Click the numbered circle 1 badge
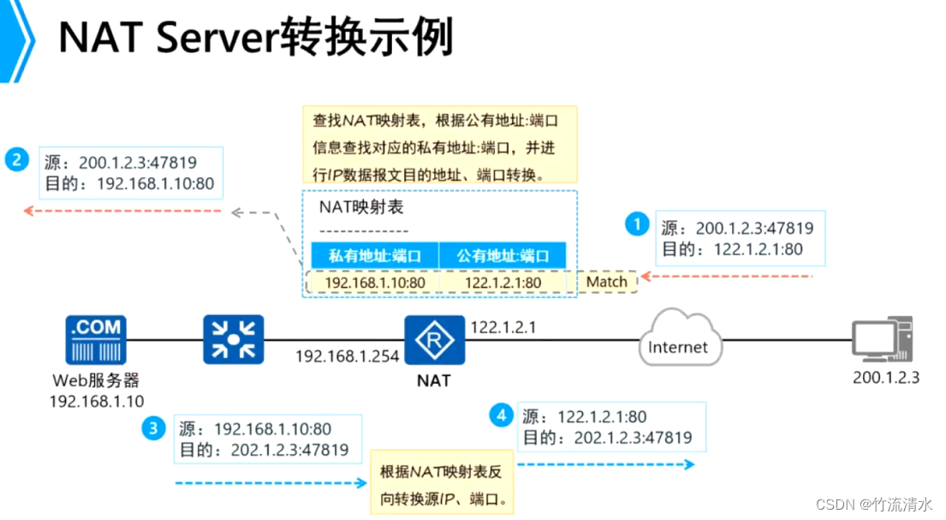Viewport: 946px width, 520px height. tap(636, 224)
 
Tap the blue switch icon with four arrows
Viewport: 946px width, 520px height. tap(234, 339)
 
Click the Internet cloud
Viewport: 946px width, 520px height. tap(678, 345)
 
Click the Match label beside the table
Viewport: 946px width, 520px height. tap(606, 282)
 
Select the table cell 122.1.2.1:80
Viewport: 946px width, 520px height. tap(504, 283)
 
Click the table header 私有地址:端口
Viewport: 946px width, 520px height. tap(373, 255)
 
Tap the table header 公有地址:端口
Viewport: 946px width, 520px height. tap(503, 255)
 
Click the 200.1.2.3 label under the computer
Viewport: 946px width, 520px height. tap(886, 377)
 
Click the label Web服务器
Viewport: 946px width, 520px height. tap(96, 380)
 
